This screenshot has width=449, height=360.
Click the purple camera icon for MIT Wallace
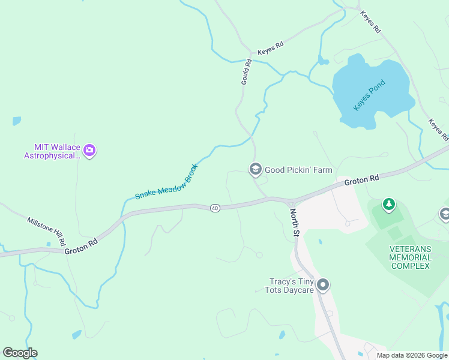(x=89, y=151)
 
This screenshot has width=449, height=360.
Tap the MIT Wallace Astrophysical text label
(x=52, y=151)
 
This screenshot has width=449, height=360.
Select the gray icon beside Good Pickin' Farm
(x=255, y=170)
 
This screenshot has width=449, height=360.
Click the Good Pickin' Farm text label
(x=298, y=170)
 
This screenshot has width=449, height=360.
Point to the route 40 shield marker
(x=215, y=208)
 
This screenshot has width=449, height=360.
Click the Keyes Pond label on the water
(x=369, y=95)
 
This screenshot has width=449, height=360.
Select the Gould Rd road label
(x=246, y=71)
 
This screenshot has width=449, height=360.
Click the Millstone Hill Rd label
(x=46, y=231)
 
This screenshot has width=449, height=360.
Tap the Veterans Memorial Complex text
(x=410, y=257)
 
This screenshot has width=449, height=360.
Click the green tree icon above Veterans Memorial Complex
(x=389, y=205)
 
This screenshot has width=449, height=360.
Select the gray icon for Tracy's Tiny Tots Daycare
(x=323, y=285)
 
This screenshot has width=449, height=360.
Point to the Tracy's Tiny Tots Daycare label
(x=290, y=286)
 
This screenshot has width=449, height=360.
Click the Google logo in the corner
(x=20, y=353)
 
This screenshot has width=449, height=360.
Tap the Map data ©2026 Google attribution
(x=412, y=355)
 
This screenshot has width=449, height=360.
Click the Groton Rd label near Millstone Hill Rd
(x=81, y=248)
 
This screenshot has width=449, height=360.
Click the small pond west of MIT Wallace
(x=16, y=121)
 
